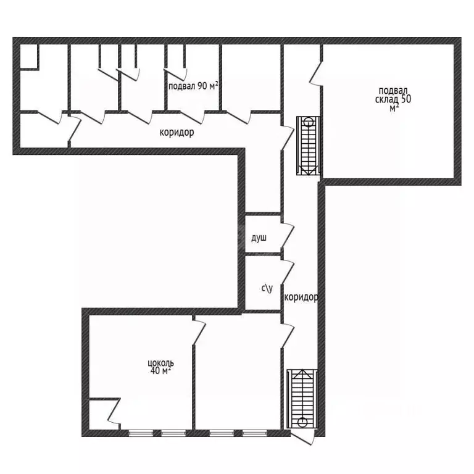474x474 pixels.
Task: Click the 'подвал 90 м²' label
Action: tap(193, 86)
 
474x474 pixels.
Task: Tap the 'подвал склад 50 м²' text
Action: tap(393, 99)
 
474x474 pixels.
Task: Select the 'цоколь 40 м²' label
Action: tap(160, 367)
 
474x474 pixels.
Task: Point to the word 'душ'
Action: tap(259, 238)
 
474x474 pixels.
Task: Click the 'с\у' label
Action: tap(267, 288)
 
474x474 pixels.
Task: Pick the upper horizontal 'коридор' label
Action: tap(177, 133)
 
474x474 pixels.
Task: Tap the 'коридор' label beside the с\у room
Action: tap(301, 297)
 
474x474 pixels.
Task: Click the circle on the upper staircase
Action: tap(308, 123)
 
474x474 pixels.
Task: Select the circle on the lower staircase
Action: tap(302, 422)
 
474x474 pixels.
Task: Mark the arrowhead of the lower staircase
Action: tap(302, 373)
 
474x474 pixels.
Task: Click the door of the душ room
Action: tap(287, 235)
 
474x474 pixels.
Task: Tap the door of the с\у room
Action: tap(287, 272)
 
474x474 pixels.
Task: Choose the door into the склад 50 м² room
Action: tap(316, 73)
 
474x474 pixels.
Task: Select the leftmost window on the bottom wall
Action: tap(141, 433)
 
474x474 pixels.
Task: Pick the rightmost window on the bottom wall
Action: tap(254, 433)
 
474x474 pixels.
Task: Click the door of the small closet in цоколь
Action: tap(114, 411)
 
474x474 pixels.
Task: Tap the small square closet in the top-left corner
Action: tap(29, 57)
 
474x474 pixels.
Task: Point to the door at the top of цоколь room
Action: tap(199, 332)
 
